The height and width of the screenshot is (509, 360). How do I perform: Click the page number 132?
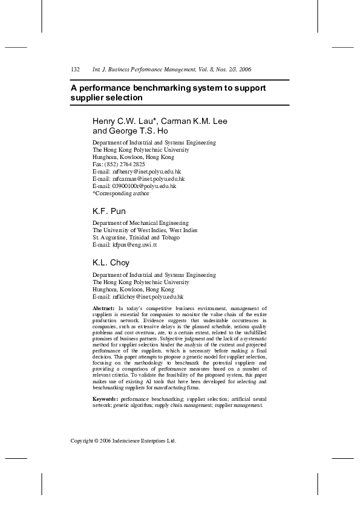click(76, 70)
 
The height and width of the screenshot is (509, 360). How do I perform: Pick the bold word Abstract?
click(104, 309)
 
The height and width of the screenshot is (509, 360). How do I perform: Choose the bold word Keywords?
click(106, 400)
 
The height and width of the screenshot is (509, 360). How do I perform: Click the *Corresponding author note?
click(120, 193)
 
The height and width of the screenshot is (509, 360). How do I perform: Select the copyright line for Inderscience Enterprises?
click(123, 441)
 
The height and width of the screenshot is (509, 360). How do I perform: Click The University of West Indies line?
click(145, 230)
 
